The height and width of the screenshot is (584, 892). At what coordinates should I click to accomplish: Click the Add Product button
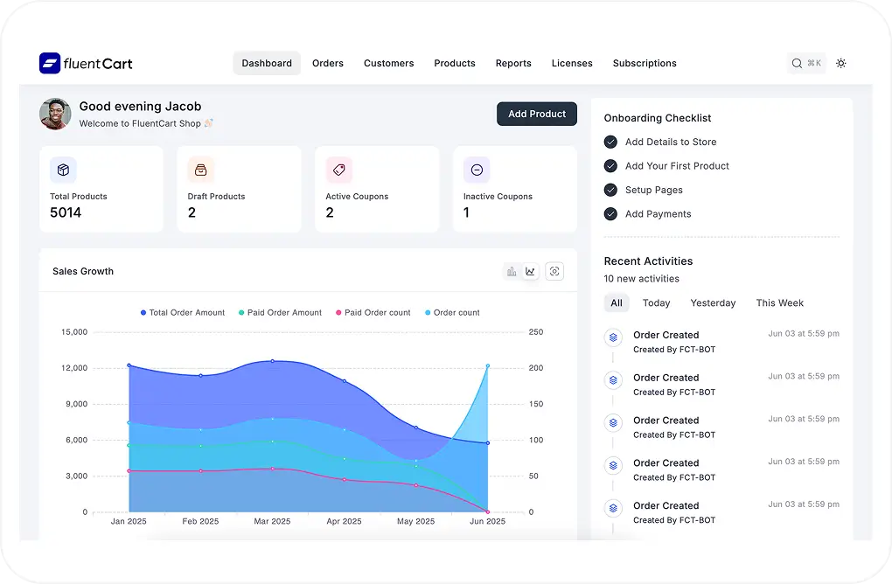[537, 114]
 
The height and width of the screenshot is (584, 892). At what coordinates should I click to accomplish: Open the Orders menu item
[328, 64]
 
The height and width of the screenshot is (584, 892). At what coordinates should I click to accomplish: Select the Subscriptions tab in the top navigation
[645, 64]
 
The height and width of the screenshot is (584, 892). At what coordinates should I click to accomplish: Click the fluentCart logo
[86, 63]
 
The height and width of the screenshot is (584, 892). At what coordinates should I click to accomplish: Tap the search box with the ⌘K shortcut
[806, 63]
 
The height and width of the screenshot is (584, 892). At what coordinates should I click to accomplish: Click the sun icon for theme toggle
[841, 63]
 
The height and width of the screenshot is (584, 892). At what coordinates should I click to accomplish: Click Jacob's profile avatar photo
[55, 114]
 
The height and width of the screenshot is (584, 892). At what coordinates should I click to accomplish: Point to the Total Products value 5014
[66, 212]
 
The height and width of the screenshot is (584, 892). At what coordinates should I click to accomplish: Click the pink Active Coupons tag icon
[338, 170]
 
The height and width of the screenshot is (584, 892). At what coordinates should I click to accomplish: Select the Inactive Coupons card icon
[477, 170]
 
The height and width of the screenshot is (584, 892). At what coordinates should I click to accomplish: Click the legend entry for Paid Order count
[373, 313]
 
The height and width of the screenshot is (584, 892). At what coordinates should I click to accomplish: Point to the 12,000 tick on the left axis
[74, 368]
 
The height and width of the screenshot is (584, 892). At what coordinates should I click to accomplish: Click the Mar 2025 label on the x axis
[272, 522]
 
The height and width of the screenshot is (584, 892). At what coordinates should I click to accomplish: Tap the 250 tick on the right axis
[536, 332]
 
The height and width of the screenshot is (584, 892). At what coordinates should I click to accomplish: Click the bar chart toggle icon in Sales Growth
[512, 272]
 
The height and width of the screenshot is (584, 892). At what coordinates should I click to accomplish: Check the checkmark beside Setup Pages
[610, 190]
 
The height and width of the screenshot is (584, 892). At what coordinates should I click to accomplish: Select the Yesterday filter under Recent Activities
[713, 303]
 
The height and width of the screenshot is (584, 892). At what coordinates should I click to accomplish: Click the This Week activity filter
[779, 303]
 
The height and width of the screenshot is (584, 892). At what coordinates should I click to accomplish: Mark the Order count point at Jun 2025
[487, 365]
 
